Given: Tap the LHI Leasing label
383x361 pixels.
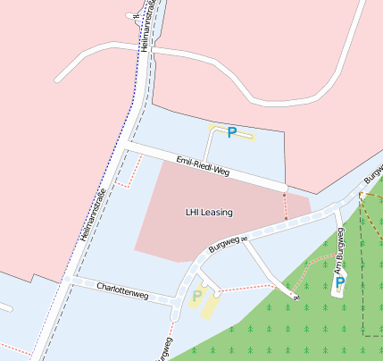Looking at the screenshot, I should pos(209,213).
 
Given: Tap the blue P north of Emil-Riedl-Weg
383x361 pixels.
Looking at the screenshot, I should pos(232,132).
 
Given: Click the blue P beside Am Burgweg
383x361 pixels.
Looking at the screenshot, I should pos(339,284).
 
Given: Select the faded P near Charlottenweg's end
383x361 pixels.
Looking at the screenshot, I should pos(197,296).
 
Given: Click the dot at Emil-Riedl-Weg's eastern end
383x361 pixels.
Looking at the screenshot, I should pos(285,193).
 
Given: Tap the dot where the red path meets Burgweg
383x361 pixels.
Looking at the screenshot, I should pos(287,218).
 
